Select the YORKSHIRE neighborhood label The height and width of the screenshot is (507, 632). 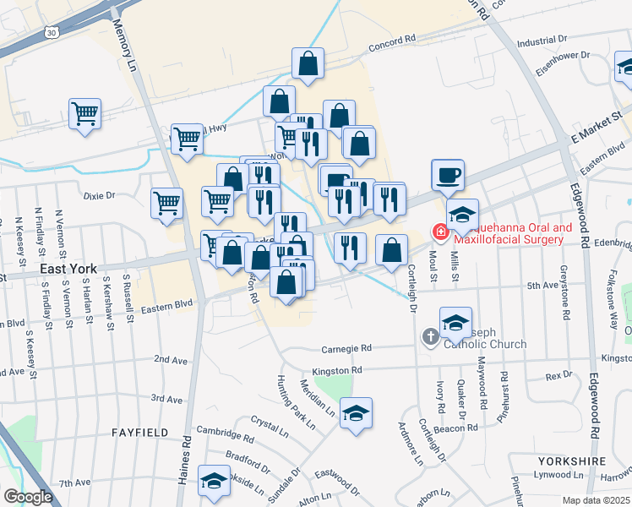coord(570,461)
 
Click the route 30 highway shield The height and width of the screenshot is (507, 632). coord(53,32)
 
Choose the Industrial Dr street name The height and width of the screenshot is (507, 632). coord(541,41)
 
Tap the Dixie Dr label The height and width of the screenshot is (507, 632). coord(99,195)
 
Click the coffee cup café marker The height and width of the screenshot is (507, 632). coord(448,175)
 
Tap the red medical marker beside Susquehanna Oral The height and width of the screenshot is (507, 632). coord(439,230)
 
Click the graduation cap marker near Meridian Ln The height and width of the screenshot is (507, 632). coord(356,413)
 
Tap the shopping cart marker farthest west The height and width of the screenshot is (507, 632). coord(84,112)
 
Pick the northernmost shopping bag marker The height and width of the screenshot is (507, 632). coord(308,62)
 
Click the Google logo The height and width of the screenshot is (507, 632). coord(28,496)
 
